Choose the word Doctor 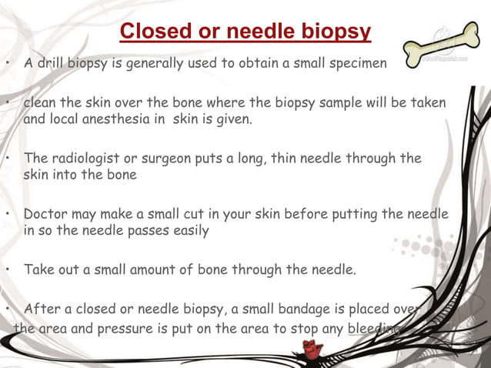46,214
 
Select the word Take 38,269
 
